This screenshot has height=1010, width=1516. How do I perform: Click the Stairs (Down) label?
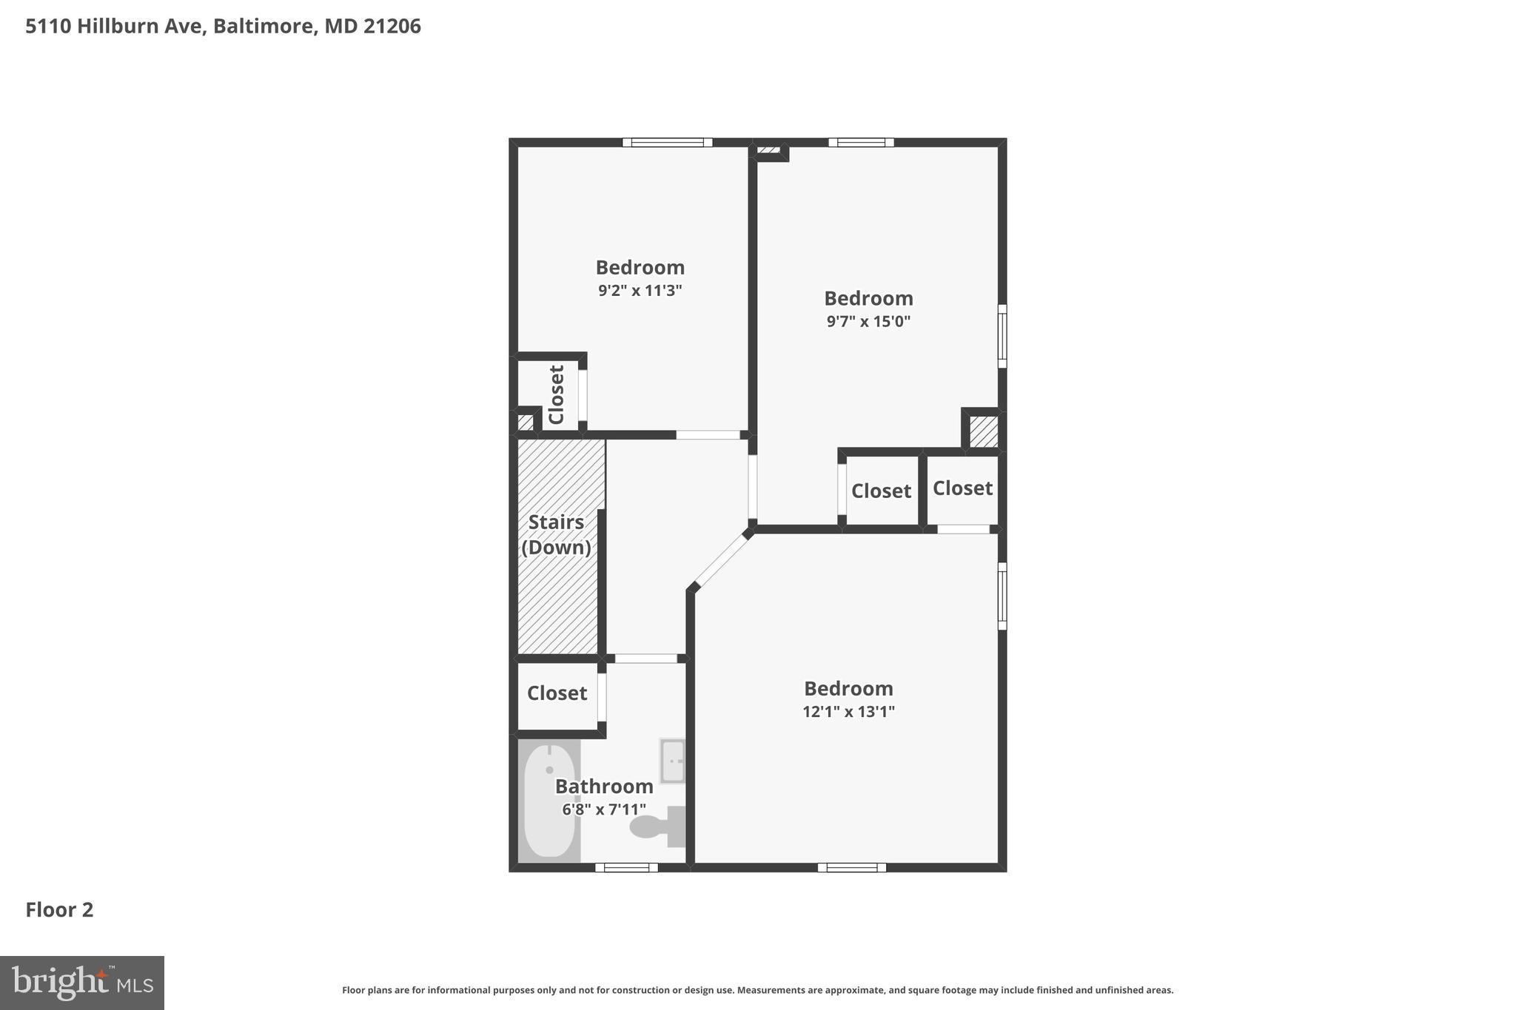tap(556, 534)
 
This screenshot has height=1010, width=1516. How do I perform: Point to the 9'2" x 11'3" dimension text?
tap(640, 290)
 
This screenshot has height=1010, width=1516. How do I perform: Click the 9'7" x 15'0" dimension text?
tap(868, 321)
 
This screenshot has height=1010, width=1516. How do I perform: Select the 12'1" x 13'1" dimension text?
tap(848, 712)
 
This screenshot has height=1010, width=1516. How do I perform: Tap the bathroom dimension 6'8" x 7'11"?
tap(603, 809)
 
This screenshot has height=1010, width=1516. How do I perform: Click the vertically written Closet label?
tap(557, 394)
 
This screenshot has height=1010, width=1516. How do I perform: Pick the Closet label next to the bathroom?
tap(557, 693)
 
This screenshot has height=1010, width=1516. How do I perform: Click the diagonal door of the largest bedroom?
tap(721, 560)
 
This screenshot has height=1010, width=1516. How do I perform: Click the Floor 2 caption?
tap(59, 910)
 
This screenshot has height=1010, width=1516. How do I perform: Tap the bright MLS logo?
tap(81, 983)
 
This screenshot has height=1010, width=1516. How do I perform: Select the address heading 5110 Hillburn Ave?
tap(223, 27)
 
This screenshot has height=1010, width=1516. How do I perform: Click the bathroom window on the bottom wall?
tap(626, 867)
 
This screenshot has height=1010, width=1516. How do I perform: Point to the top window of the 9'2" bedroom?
tap(667, 142)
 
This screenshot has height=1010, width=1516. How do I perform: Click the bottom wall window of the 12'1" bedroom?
tap(851, 867)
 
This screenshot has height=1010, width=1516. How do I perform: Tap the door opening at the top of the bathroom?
tap(645, 659)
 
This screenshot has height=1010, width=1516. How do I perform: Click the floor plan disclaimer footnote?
tap(757, 990)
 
